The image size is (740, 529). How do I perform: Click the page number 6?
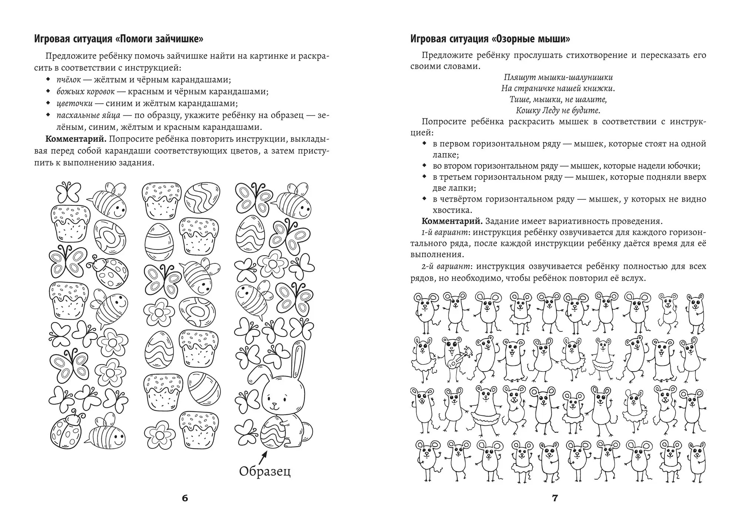tap(185, 498)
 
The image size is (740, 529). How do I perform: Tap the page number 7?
tap(555, 498)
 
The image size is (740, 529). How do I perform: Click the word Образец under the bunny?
tap(265, 471)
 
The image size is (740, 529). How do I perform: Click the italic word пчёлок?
tap(69, 80)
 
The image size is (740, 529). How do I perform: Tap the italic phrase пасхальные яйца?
tap(88, 115)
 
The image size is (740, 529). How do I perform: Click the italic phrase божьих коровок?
tap(85, 91)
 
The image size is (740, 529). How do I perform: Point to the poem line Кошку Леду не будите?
tap(558, 110)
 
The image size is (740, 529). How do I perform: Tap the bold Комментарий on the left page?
tap(76, 139)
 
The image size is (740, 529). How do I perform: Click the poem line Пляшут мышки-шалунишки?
tap(558, 77)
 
